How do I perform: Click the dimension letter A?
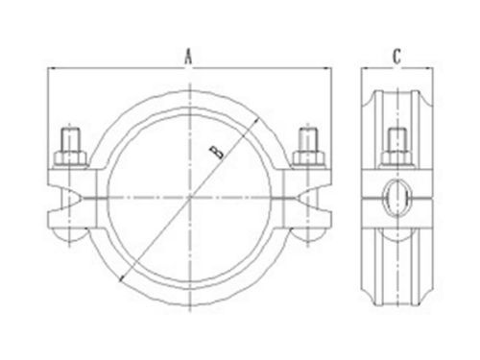(189, 57)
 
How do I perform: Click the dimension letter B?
(217, 152)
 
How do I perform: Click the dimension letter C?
(396, 57)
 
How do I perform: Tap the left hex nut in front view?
(70, 157)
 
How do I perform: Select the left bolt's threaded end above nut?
(70, 139)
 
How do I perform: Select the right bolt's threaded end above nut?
(308, 139)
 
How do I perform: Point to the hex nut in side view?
(396, 157)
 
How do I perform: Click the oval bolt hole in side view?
(396, 198)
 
